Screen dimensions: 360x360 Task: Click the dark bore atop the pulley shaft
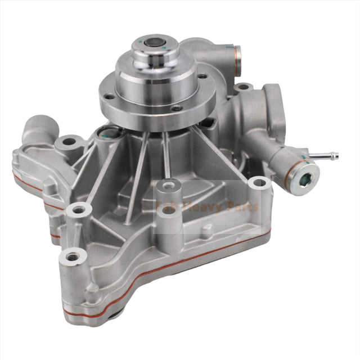point(153,43)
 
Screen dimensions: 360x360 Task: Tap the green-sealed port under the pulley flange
point(109,133)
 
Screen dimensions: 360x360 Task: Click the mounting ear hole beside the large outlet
point(243,88)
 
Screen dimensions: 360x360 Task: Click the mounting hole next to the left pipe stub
point(69,142)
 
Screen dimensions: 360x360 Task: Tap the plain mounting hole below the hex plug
point(259,183)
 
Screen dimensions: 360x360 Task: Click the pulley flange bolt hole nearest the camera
point(176,108)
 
